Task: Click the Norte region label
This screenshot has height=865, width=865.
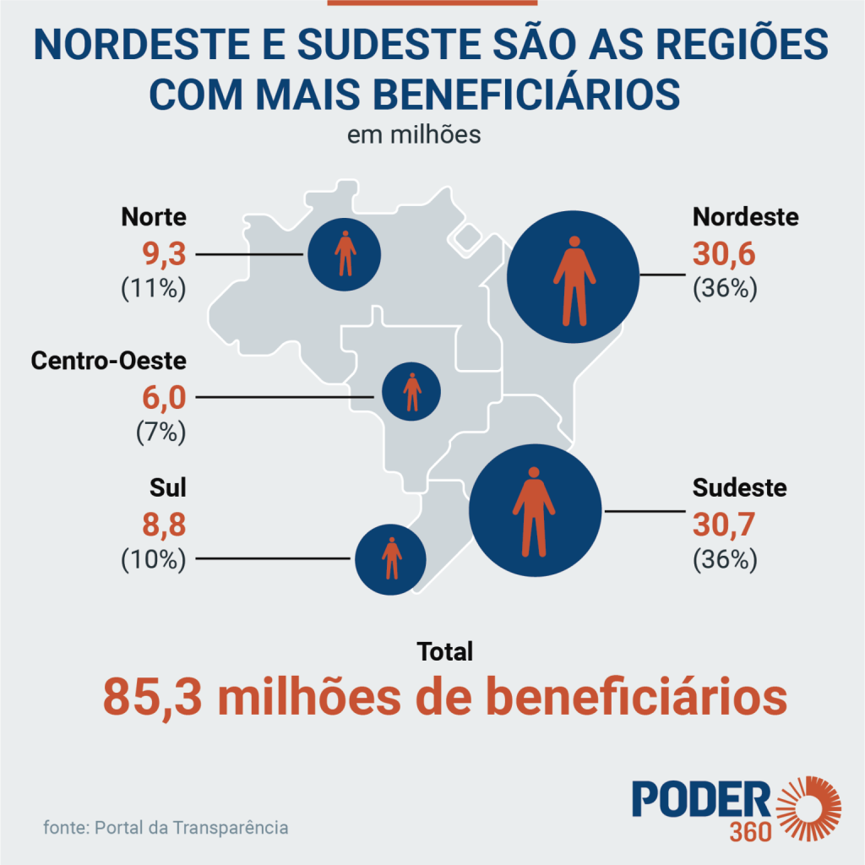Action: pos(154,217)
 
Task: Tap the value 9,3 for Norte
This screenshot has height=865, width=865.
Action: pos(165,254)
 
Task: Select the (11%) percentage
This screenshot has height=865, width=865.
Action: pos(154,288)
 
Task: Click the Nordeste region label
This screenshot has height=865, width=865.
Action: pos(745,217)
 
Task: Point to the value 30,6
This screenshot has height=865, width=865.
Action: pos(724,254)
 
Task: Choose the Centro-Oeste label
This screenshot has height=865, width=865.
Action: pos(109,361)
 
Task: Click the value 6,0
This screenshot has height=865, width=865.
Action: pos(165,398)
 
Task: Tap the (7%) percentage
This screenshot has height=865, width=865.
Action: pos(161,432)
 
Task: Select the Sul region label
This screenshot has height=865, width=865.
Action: pos(168,487)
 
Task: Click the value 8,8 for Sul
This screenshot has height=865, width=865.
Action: pos(165,525)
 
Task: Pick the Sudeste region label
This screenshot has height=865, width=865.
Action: pos(740,487)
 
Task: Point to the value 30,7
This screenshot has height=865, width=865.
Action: pos(724,525)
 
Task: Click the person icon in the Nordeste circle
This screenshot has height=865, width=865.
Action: pos(574,280)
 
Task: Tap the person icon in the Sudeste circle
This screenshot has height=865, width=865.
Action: pos(534,511)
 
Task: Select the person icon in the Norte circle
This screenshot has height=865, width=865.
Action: pos(345,253)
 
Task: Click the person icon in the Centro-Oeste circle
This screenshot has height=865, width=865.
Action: pos(412,392)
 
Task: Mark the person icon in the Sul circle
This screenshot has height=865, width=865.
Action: pos(392,558)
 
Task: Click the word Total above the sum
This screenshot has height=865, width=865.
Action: pos(444,651)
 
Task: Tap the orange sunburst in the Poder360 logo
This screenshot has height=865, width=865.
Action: pos(808,808)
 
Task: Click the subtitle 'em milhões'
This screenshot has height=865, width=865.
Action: pos(414,135)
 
